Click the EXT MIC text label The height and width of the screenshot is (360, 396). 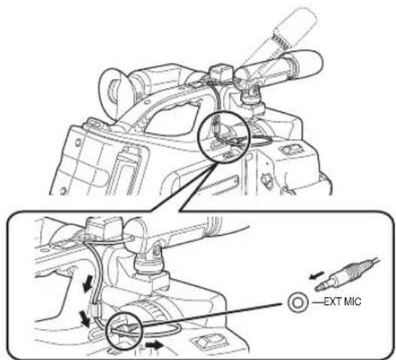pyautogui.click(x=343, y=302)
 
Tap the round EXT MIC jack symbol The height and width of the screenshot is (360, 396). pyautogui.click(x=298, y=302)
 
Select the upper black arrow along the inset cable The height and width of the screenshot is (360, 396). pyautogui.click(x=87, y=285)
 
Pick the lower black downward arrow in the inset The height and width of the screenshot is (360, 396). pyautogui.click(x=84, y=319)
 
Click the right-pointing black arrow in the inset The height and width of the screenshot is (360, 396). pyautogui.click(x=154, y=344)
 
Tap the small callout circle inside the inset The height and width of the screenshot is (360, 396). pyautogui.click(x=124, y=330)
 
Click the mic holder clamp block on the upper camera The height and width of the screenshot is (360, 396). pyautogui.click(x=221, y=74)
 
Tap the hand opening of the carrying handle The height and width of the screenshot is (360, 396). pyautogui.click(x=171, y=119)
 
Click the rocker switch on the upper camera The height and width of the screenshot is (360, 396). pyautogui.click(x=291, y=150)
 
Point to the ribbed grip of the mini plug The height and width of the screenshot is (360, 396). pyautogui.click(x=354, y=271)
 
